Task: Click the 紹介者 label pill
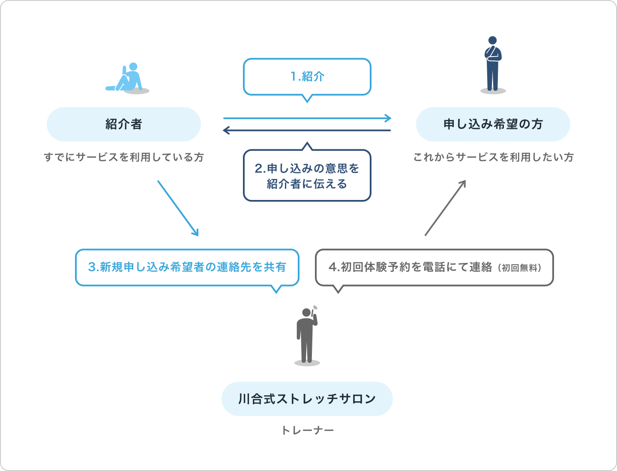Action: point(123,124)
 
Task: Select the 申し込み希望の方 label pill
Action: point(493,124)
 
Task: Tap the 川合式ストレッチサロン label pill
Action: point(307,399)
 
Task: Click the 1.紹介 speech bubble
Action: point(307,77)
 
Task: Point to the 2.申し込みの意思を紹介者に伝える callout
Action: point(307,176)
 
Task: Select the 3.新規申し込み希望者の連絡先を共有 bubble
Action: point(187,267)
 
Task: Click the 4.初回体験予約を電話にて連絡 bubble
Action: point(434,267)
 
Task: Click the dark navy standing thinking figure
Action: point(493,64)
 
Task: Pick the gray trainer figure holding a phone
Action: point(307,336)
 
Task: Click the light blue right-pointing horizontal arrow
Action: point(307,118)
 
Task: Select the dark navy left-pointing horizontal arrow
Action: point(307,130)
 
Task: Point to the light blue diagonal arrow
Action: point(178,208)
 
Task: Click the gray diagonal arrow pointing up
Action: point(445,208)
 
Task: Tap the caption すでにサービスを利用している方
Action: point(123,157)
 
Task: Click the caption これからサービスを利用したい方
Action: point(493,157)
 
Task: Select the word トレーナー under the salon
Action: point(307,430)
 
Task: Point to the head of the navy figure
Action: point(493,40)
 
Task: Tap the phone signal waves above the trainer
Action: point(315,307)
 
